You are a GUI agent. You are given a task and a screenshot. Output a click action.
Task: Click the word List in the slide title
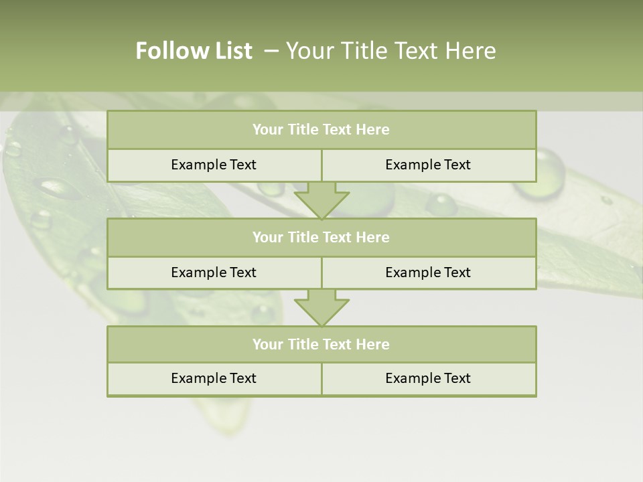(x=229, y=51)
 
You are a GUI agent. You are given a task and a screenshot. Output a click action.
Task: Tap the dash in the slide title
(x=271, y=51)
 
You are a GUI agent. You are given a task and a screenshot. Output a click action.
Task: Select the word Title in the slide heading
(x=364, y=51)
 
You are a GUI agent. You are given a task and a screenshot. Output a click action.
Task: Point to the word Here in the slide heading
(x=471, y=51)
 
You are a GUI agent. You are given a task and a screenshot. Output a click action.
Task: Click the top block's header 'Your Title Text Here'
(x=321, y=130)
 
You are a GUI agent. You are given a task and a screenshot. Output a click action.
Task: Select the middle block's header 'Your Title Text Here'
(x=321, y=237)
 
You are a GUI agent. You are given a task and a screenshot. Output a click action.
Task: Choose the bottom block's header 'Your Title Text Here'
(x=321, y=344)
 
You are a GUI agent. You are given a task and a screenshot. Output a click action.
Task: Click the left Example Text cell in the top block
(x=214, y=165)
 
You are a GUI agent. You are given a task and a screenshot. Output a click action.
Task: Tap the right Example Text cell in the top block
(x=428, y=165)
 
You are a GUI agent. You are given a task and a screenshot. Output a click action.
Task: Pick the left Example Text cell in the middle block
(x=214, y=272)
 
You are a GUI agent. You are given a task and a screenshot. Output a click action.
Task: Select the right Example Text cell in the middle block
(x=428, y=272)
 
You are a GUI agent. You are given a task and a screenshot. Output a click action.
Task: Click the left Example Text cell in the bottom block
(x=214, y=378)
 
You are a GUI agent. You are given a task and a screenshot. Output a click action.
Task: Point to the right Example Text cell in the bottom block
(x=428, y=378)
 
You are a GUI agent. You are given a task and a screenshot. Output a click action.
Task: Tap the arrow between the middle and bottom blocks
(x=321, y=307)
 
